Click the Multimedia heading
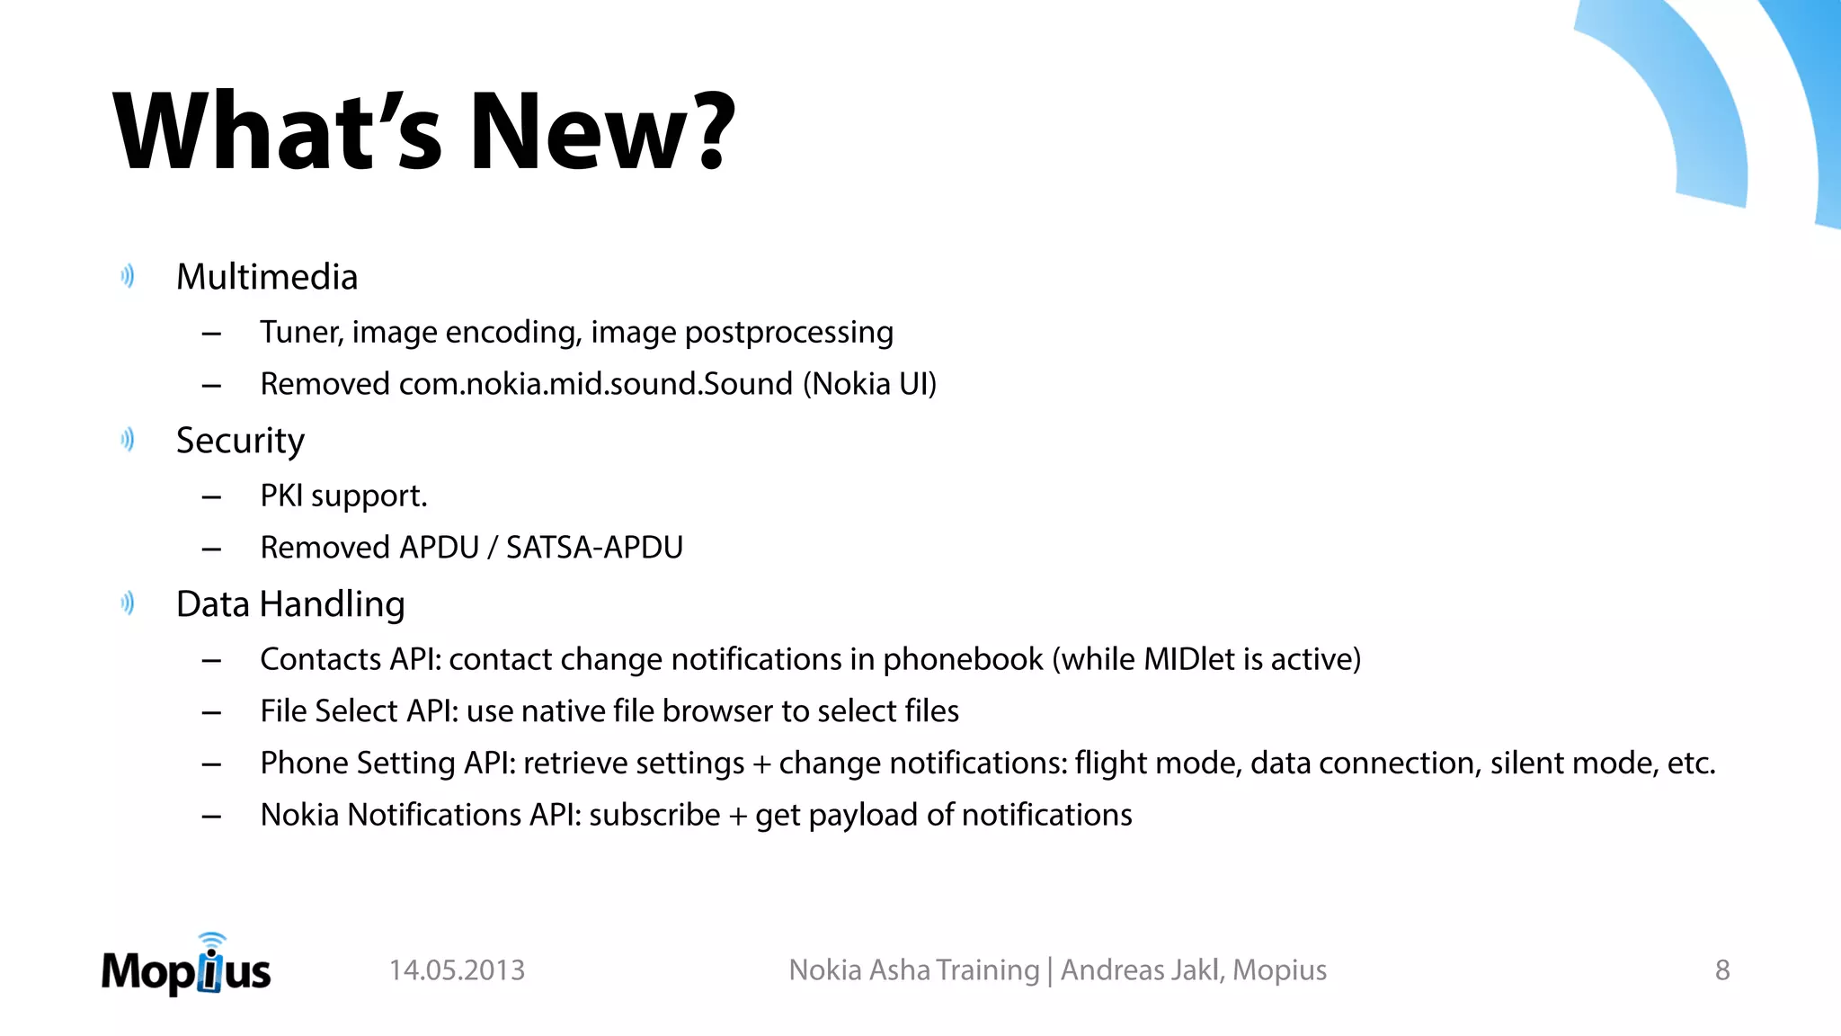(267, 277)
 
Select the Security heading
(240, 441)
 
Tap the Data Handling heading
(290, 604)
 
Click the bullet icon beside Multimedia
(128, 276)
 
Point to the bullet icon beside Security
(128, 440)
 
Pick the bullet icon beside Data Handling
(128, 603)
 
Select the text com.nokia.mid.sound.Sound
(595, 384)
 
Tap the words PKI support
(343, 496)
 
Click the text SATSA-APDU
(594, 548)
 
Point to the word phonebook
(963, 660)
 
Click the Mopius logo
(186, 966)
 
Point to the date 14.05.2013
(457, 970)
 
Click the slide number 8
(1722, 970)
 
